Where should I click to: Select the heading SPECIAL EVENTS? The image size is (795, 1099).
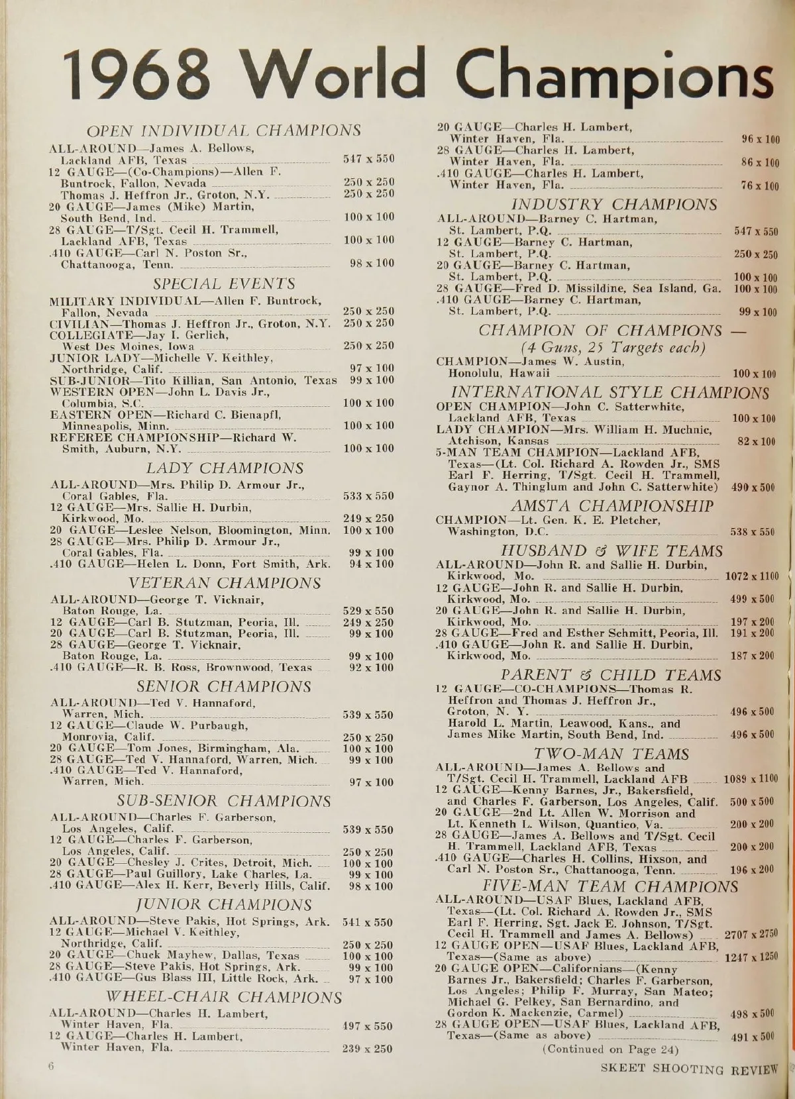point(224,284)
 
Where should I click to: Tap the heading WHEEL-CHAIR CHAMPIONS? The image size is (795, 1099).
point(225,997)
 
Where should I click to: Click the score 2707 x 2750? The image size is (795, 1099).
point(751,935)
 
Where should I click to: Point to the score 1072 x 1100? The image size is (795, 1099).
point(752,576)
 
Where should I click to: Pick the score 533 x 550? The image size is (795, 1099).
point(368,496)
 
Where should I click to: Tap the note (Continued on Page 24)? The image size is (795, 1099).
point(609,1049)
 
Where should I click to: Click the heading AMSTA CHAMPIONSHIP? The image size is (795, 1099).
point(612,506)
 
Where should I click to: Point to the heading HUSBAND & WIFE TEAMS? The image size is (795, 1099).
point(611,551)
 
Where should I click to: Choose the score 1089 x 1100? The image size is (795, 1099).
point(751,779)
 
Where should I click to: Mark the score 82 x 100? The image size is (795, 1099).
point(756,441)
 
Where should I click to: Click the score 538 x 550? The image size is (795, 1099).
point(752,532)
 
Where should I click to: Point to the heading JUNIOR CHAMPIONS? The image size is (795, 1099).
point(224,904)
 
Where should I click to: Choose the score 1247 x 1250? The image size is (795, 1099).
point(751,957)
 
